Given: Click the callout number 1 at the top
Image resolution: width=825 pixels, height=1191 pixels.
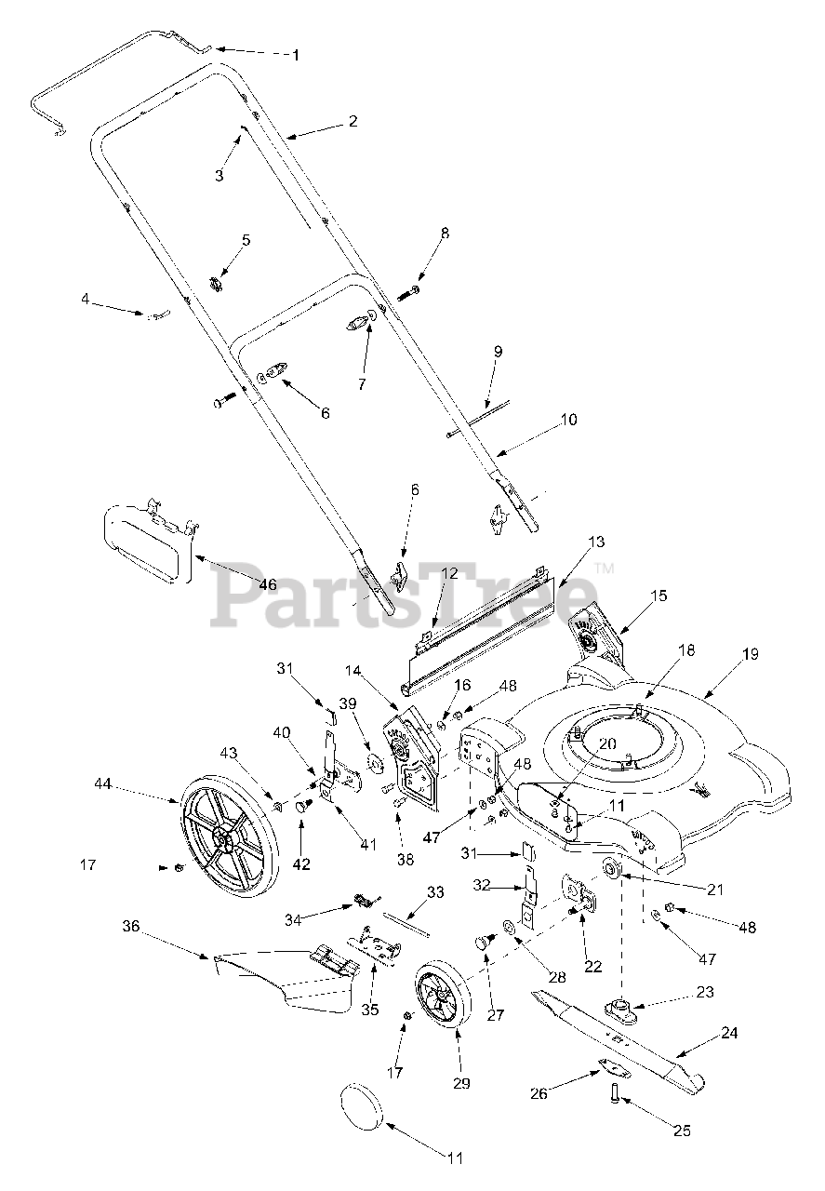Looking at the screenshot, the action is pyautogui.click(x=296, y=55).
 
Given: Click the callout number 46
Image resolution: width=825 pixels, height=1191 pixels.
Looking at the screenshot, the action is pyautogui.click(x=267, y=584).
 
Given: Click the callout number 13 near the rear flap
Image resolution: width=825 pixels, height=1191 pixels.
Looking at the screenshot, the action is pyautogui.click(x=595, y=542).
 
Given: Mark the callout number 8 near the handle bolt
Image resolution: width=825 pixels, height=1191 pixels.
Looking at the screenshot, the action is pyautogui.click(x=445, y=234).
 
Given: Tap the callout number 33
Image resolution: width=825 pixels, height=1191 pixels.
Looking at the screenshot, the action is pyautogui.click(x=435, y=890).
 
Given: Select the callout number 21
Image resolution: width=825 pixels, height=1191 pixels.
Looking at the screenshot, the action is pyautogui.click(x=714, y=890).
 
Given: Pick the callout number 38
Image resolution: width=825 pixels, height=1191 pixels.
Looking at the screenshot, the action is pyautogui.click(x=406, y=861).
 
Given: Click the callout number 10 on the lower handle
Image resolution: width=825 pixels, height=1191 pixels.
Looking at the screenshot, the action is pyautogui.click(x=567, y=420).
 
